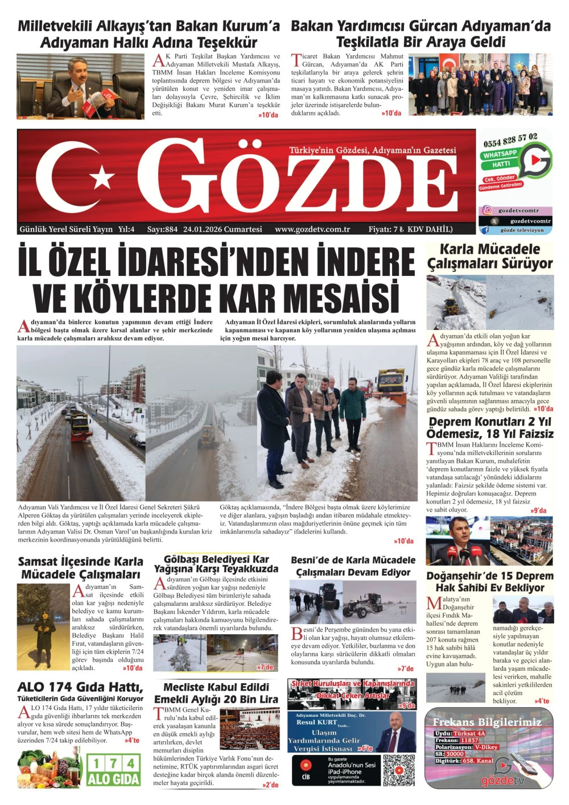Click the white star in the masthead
pos(103,177)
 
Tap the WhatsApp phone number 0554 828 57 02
pos(510,139)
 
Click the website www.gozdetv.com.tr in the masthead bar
pos(312,229)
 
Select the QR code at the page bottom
pos(399,770)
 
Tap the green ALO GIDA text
pos(114,779)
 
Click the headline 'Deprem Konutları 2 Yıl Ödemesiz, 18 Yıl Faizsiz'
pos(490,428)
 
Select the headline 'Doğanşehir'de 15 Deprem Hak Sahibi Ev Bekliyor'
pos(490,581)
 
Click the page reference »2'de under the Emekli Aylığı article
pos(270,785)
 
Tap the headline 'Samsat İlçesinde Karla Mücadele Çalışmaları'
pos(80,568)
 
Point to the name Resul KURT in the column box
pos(316,722)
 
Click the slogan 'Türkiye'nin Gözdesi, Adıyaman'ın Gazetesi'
pos(373,150)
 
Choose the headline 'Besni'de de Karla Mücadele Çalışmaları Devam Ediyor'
pos(353,566)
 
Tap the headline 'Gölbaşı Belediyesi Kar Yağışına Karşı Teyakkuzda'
pos(216,564)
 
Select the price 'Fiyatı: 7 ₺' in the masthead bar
pos(386,229)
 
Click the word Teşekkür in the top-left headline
pos(228,43)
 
